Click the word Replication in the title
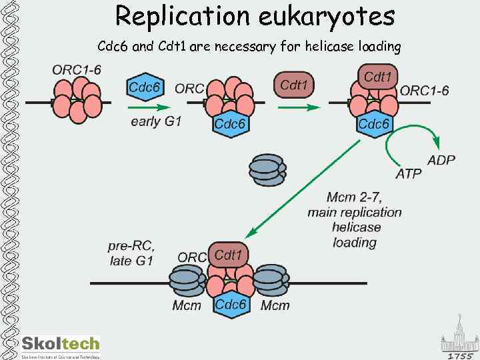pos(175,16)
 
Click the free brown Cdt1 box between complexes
pos(294,85)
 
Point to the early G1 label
pos(156,121)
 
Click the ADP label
pos(441,160)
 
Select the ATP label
pos(408,174)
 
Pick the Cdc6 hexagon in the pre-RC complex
pos(231,305)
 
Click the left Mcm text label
pos(187,305)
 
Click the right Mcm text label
pos(275,305)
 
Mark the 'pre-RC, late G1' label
pos(131,253)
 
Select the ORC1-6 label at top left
pos(77,69)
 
